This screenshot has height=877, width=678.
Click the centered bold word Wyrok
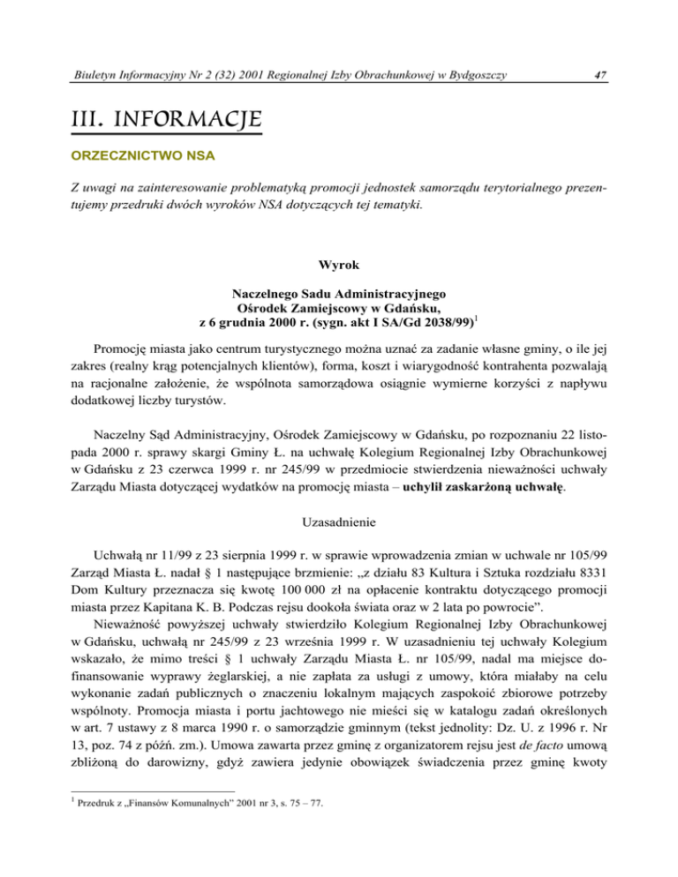pos(338,262)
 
